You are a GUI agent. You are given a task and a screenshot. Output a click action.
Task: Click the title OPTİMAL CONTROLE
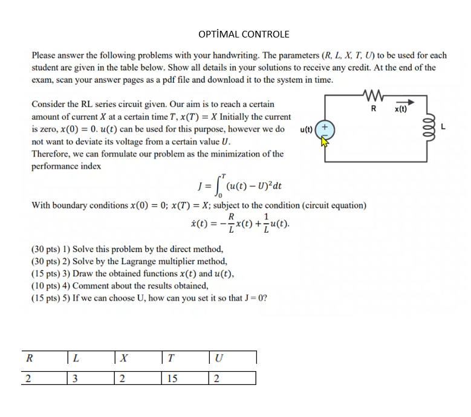244,34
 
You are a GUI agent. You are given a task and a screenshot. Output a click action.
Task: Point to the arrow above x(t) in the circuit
401,103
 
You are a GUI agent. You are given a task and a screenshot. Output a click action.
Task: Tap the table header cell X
123,358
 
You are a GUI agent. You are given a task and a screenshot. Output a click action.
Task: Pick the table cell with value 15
173,378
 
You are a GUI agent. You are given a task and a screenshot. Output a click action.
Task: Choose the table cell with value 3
74,378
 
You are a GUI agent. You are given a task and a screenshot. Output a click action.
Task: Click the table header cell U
218,358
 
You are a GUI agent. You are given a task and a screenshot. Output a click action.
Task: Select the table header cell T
171,358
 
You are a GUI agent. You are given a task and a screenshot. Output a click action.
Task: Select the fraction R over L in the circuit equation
231,224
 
